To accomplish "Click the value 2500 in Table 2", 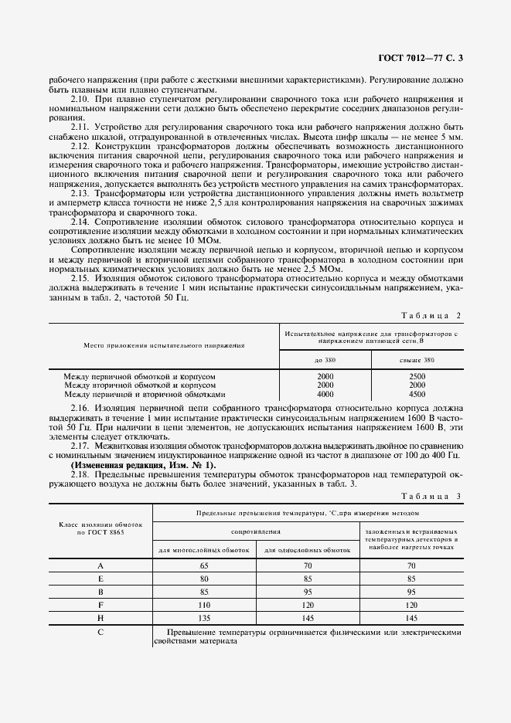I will click(417, 376).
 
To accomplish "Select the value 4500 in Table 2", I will click(417, 393).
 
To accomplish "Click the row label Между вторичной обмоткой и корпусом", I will click(140, 385).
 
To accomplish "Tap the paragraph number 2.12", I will click(81, 146).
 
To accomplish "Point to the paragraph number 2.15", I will click(81, 277).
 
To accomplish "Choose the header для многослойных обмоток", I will click(204, 550).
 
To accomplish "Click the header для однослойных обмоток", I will click(307, 550).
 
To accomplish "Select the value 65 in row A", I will click(205, 565).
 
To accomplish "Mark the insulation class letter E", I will click(100, 579).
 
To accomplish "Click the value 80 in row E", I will click(205, 579).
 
